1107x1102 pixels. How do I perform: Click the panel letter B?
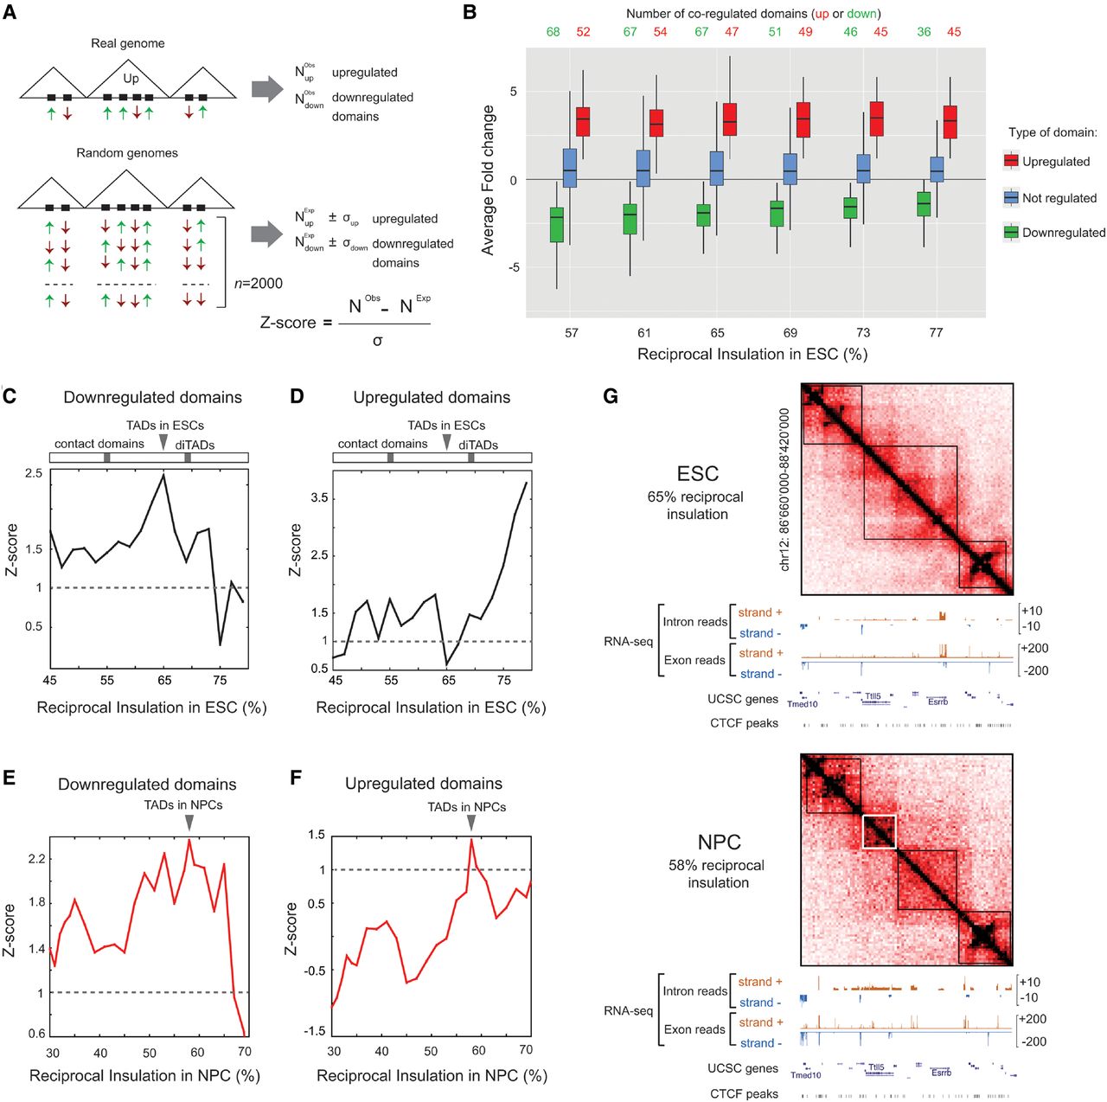tap(470, 12)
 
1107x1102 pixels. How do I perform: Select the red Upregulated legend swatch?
tap(1011, 161)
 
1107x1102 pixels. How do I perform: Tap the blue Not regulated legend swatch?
tap(1011, 197)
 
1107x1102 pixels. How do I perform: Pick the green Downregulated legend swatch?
tap(1011, 232)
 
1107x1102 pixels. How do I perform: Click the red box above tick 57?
tap(583, 120)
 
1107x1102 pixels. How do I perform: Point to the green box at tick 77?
tap(924, 203)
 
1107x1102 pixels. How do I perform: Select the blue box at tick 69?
tap(790, 169)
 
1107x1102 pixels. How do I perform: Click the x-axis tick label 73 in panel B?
tap(863, 332)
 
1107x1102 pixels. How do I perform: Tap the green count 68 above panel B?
tap(553, 32)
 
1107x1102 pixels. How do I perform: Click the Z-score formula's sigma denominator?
tap(377, 341)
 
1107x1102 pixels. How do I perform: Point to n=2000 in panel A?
tap(259, 283)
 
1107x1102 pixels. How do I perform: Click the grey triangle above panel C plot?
tap(163, 442)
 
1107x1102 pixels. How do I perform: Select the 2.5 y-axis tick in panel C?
tap(34, 473)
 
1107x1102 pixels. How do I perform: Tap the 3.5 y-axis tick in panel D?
tap(319, 498)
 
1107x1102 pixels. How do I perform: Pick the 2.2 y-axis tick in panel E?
tap(36, 859)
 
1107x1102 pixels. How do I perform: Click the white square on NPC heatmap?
tap(880, 830)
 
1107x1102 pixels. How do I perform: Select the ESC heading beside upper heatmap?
tap(698, 473)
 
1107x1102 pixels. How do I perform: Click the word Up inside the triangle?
tap(131, 78)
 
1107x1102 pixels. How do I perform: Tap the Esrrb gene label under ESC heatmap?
tap(937, 702)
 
